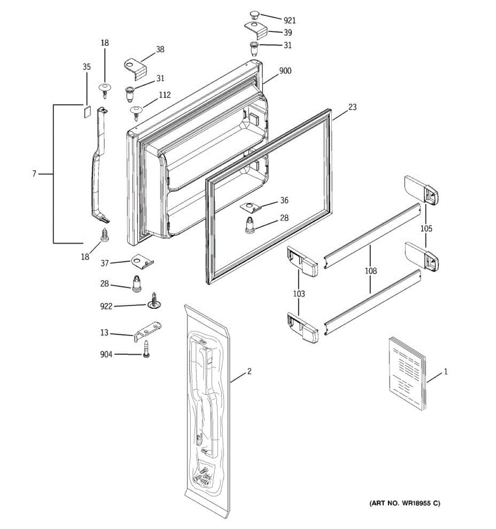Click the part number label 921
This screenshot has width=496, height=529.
(x=290, y=20)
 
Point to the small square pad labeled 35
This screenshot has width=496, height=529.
(x=87, y=109)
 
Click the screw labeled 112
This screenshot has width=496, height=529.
(x=137, y=111)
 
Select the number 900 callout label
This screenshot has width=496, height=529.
(x=285, y=71)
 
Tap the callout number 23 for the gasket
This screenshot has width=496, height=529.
(x=352, y=107)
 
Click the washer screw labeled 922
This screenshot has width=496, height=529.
(x=154, y=302)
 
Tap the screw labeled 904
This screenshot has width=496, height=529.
(x=146, y=351)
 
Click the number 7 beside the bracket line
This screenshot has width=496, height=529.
(x=34, y=174)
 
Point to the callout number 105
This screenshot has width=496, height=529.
(x=426, y=228)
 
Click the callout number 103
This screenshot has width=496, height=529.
(x=299, y=294)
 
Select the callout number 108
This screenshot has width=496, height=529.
(x=371, y=271)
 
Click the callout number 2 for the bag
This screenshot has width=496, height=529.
(x=249, y=372)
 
